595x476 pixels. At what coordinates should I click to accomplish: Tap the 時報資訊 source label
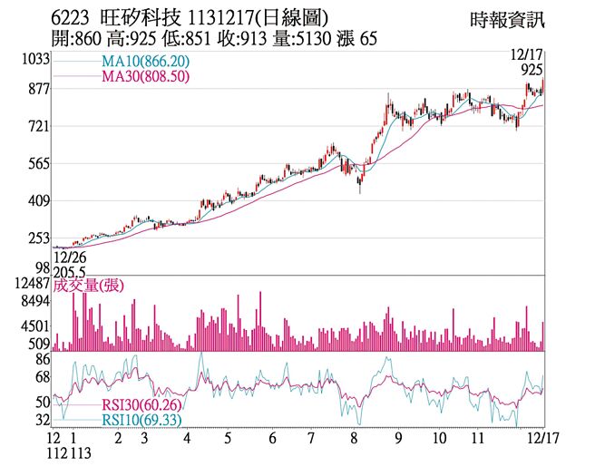510,18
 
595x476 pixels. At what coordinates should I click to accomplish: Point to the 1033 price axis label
34,60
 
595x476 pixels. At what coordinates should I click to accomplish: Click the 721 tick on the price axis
38,127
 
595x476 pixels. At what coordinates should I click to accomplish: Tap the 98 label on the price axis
42,268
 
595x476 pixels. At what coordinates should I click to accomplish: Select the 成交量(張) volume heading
89,286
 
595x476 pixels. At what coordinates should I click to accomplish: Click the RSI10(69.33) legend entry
141,422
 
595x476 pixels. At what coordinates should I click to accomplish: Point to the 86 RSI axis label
42,360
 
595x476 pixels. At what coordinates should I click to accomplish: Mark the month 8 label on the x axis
354,437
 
